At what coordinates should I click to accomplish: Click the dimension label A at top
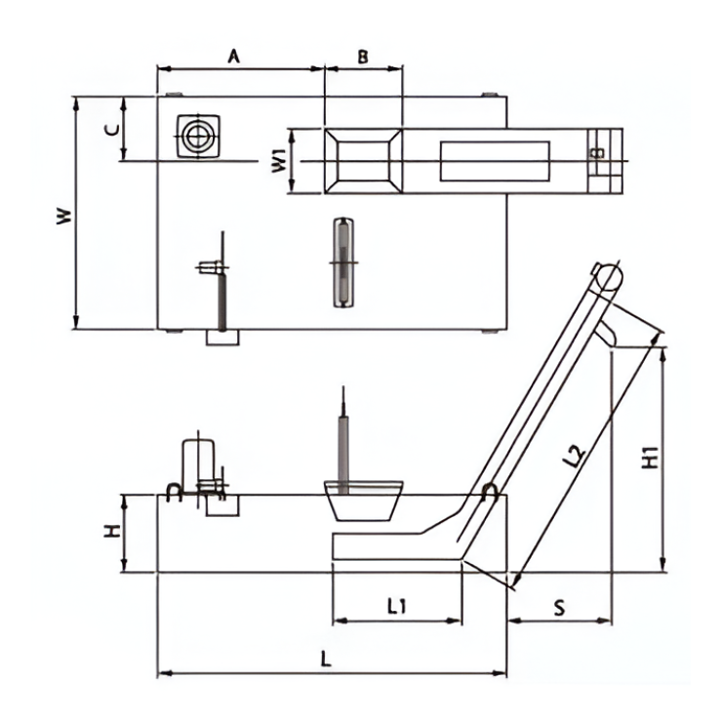point(234,57)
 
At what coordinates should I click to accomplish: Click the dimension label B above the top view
point(362,57)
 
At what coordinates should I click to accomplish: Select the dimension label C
point(112,128)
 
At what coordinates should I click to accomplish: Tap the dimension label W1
point(278,160)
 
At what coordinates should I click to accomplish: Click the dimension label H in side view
point(112,533)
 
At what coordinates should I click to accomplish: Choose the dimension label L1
point(396,606)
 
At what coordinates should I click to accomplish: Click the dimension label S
point(559,606)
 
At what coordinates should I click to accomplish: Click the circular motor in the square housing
point(198,136)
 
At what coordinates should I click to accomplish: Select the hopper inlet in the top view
point(363,160)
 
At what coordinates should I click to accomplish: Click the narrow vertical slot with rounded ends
point(341,261)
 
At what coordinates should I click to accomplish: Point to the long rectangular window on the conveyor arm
point(494,161)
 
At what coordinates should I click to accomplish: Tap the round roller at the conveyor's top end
point(606,275)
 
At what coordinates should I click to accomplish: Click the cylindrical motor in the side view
point(199,459)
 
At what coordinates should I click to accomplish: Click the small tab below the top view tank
point(223,338)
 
